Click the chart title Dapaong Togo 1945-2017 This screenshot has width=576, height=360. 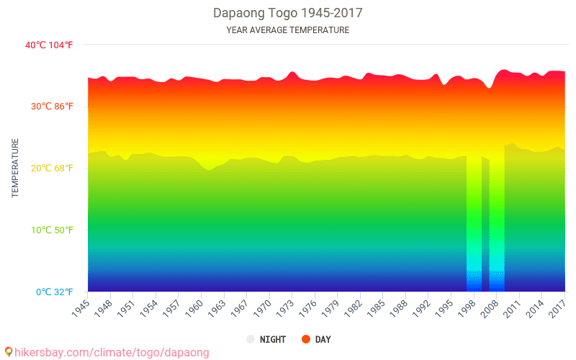pos(287,13)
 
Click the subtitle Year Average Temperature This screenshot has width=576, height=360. pos(287,30)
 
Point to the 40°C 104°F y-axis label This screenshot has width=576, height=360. pos(49,45)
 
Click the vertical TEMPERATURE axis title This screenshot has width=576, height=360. pos(15,168)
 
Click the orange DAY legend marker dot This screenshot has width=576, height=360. pos(306,339)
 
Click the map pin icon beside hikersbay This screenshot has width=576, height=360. pos(8,353)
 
